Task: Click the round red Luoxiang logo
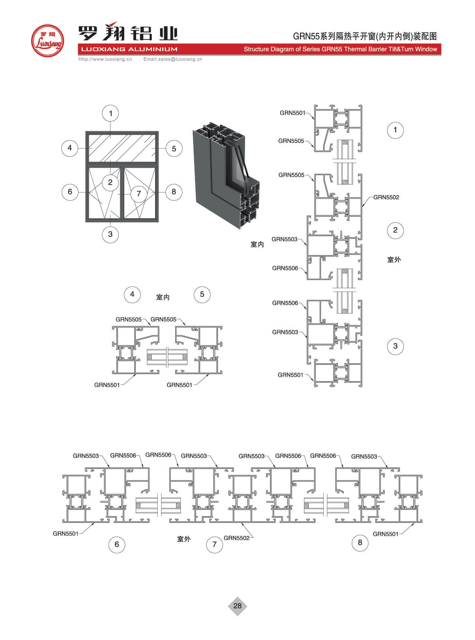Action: coord(47,41)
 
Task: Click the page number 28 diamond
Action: coord(237,606)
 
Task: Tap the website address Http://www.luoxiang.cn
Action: coord(105,59)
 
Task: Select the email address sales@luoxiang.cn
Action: coord(173,59)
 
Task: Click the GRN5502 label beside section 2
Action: coord(386,197)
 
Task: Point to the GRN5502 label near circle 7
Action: coord(237,538)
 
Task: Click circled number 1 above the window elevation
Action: coord(110,113)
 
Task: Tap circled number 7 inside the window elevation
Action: coord(139,193)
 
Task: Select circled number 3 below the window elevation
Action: coord(110,234)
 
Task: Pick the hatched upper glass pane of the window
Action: coord(122,148)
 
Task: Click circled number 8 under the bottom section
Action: coord(360,543)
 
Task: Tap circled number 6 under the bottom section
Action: coord(117,544)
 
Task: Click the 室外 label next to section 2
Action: coord(394,260)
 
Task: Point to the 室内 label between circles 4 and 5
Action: coord(163,297)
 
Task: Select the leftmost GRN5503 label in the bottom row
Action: coord(86,456)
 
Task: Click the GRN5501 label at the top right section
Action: coord(292,113)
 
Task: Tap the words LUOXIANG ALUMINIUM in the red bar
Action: coord(129,49)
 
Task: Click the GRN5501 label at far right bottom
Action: coord(385,534)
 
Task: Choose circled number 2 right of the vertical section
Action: coord(395,230)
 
